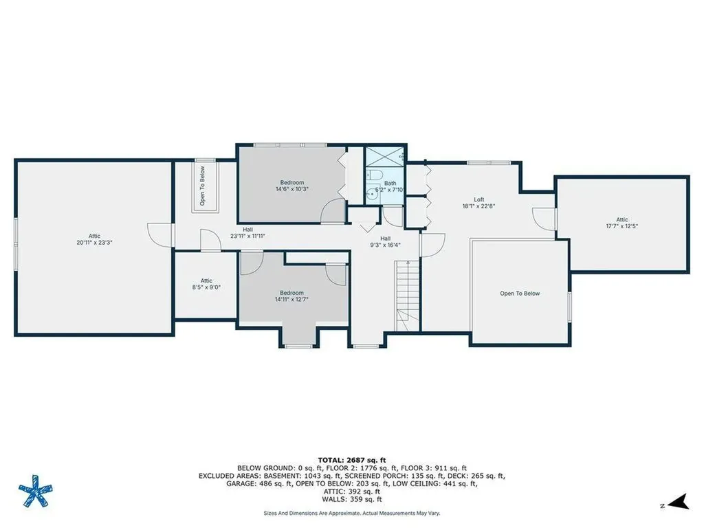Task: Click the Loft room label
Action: coord(479,199)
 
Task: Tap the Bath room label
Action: coord(390,183)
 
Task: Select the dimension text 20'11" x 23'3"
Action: coord(94,243)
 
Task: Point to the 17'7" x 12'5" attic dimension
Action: coord(621,226)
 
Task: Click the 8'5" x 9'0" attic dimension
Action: coord(206,287)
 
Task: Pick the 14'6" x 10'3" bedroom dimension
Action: coord(291,189)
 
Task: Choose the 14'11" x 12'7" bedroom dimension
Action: coord(291,299)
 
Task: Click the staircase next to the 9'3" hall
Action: coord(407,296)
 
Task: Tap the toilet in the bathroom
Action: coord(375,174)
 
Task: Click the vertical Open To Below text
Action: coord(203,186)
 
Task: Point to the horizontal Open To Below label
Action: coord(520,294)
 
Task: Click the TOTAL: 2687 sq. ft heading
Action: coord(351,460)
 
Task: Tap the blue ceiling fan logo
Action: coord(36,491)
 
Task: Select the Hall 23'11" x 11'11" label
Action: coord(247,232)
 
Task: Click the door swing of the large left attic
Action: coord(159,234)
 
